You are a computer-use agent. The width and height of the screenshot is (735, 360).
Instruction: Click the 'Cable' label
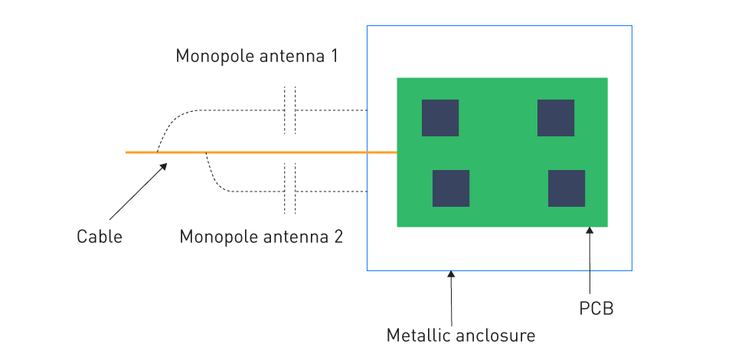100,236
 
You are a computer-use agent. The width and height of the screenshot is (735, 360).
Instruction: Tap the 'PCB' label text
596,309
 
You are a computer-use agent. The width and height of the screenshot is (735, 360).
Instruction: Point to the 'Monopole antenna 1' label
256,56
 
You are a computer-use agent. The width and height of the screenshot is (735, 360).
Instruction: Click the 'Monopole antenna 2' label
261,236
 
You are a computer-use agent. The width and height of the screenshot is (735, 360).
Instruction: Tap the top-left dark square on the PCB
440,118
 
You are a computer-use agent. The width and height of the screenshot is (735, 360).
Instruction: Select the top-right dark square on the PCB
556,118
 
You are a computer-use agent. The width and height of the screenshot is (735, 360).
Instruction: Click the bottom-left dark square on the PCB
451,188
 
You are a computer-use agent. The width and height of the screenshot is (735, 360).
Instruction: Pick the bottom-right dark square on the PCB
567,188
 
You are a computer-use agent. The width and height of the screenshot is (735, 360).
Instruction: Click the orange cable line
261,152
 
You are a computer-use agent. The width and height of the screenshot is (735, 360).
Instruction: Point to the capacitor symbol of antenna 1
289,110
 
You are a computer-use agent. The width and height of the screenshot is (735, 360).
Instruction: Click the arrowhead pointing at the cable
163,167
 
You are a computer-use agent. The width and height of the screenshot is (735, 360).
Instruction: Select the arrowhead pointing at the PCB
590,231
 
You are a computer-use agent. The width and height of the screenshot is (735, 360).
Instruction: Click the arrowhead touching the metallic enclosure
451,275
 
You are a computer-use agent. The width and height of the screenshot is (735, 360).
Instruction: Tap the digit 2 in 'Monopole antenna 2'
338,236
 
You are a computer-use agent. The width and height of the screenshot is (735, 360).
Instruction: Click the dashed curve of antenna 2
217,184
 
